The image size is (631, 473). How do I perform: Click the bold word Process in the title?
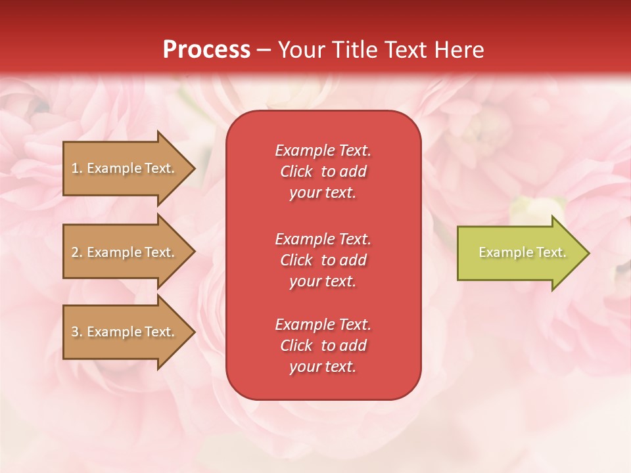pos(206,50)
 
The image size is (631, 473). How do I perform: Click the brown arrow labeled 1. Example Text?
pos(125,168)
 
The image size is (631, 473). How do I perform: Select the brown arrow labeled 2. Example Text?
pos(125,252)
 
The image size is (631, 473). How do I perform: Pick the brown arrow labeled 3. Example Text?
pos(125,332)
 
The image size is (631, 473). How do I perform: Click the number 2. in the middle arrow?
pos(77,252)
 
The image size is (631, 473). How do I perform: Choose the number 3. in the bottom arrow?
pos(77,332)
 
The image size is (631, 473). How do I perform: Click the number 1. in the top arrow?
pos(77,168)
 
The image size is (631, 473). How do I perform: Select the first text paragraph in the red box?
pos(323,171)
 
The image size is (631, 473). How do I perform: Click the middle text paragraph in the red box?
pos(323,260)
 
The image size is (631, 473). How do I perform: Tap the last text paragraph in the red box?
pos(323,346)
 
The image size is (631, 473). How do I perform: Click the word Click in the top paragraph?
pos(296,171)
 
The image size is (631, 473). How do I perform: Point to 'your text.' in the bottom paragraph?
pos(323,367)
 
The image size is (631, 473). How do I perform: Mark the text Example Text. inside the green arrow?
pos(522,252)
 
